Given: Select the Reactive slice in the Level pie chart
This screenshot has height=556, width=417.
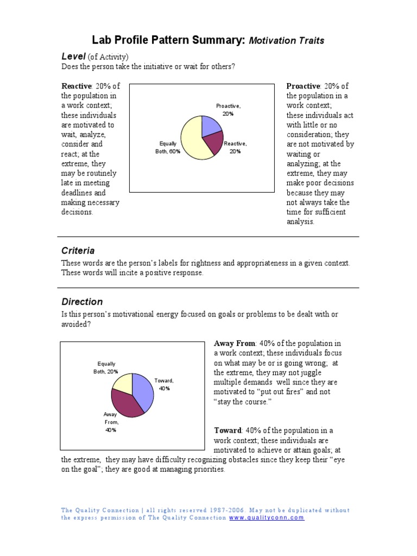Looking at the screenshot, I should tap(213, 143).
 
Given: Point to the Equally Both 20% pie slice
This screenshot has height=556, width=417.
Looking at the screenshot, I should tap(123, 383).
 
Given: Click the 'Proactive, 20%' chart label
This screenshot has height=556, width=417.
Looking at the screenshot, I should tap(228, 110).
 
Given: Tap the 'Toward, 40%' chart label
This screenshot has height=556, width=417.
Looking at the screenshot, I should tap(164, 384).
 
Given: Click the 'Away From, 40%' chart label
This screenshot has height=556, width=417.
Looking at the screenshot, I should tap(110, 422).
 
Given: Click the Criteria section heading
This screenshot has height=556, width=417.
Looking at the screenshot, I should tap(78, 251).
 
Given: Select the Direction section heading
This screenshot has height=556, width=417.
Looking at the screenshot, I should tap(81, 302).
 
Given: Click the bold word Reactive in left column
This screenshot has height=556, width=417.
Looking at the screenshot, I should tap(77, 86).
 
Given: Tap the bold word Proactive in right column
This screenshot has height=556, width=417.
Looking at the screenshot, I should tap(304, 86).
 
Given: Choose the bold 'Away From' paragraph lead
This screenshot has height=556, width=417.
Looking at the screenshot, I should tap(235, 344).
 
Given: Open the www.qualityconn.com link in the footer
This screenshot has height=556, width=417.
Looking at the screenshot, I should tap(267, 518).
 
